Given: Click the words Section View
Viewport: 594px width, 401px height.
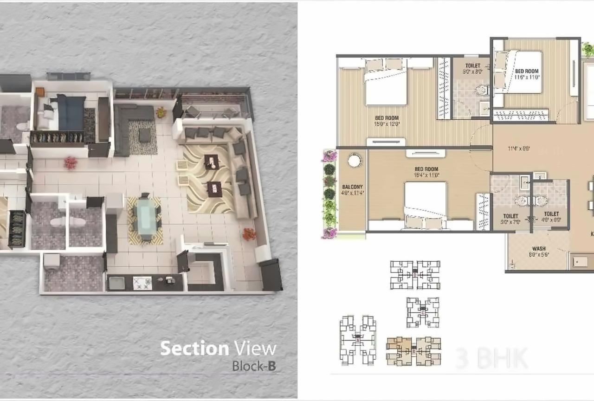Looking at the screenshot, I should point(218,348).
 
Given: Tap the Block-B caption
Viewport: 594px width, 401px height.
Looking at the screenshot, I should point(254,366).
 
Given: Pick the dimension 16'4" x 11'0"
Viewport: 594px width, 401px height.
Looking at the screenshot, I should point(426,175).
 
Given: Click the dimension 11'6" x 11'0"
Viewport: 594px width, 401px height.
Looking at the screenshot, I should point(527,77).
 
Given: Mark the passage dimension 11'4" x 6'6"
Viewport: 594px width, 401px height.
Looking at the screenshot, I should point(519,149).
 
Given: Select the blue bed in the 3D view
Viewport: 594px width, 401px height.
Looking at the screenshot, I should point(71,112).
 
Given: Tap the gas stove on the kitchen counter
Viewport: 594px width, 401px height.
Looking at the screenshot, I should point(142,283).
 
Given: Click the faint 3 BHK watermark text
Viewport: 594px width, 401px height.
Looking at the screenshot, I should point(491,358).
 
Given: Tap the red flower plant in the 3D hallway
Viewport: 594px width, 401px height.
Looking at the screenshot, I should point(71,162).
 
